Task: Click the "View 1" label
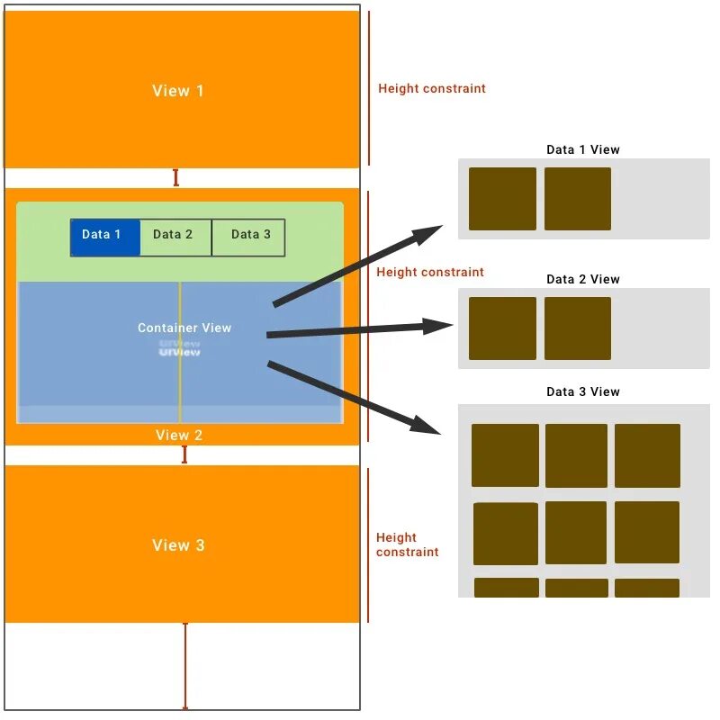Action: (x=177, y=91)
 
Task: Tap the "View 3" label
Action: (x=178, y=545)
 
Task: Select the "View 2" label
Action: (x=179, y=436)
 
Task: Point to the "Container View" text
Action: (x=184, y=328)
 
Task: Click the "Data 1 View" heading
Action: (x=583, y=149)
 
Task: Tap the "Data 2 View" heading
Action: (x=583, y=279)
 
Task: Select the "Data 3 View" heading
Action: (x=583, y=391)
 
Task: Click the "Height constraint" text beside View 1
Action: (x=432, y=88)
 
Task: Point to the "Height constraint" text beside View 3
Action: (x=407, y=544)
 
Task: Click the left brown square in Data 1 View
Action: (x=502, y=198)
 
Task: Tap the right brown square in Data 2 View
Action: (x=578, y=328)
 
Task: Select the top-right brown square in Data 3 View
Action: (x=647, y=455)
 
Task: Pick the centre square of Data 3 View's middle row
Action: (x=576, y=533)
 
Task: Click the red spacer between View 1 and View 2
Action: (x=175, y=177)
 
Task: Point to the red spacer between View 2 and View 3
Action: (x=184, y=454)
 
